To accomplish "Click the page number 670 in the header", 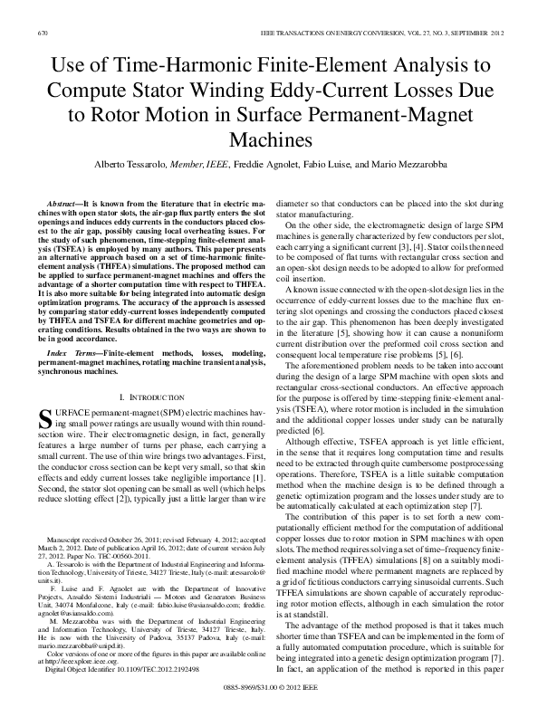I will (x=42, y=33).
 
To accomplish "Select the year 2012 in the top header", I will (x=496, y=33).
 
